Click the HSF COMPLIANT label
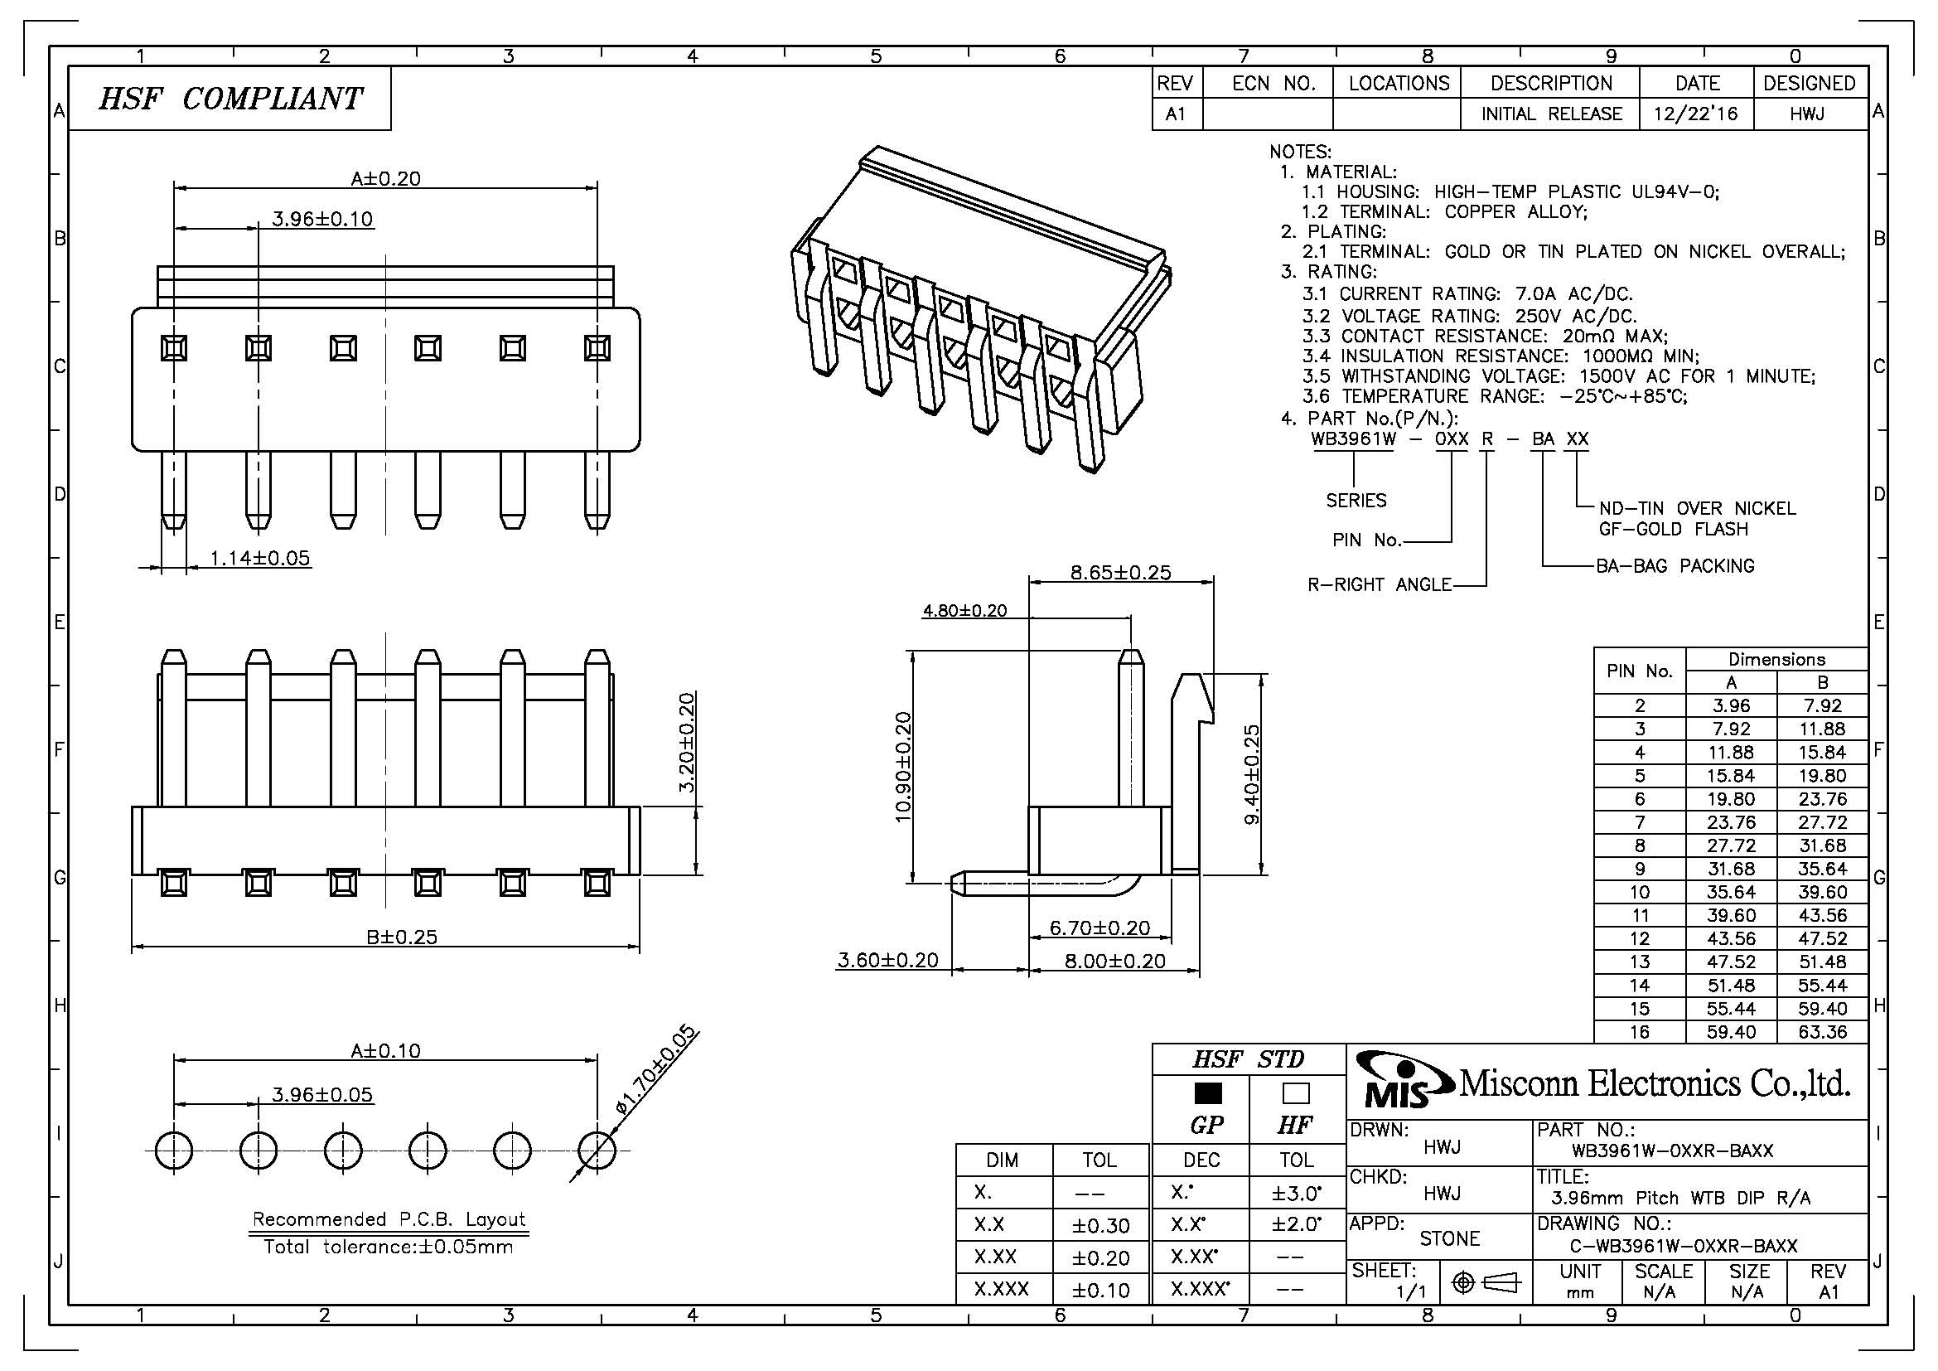(230, 99)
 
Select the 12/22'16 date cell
(1696, 114)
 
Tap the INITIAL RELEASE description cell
(1551, 114)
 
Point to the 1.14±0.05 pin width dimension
(260, 558)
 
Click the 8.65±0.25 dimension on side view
(1121, 573)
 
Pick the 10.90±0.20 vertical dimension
(903, 767)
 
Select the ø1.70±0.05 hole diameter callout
(657, 1070)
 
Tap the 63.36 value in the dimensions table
(1822, 1032)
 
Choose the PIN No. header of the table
(1639, 671)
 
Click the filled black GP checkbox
(1208, 1093)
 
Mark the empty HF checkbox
(1296, 1093)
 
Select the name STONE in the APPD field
(1449, 1238)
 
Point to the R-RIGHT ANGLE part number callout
(1380, 584)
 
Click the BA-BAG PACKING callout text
(1675, 565)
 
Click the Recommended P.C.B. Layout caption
(389, 1219)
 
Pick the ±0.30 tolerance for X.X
(1100, 1225)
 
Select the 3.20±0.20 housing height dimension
(687, 742)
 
